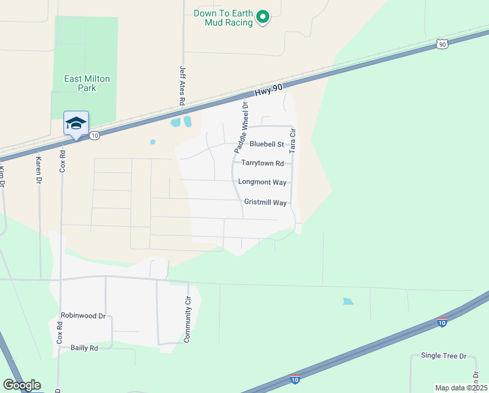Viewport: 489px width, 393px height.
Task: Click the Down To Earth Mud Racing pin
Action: tap(263, 17)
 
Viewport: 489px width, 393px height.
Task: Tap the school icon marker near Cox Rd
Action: tap(76, 124)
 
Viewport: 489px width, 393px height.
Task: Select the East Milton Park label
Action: tap(87, 83)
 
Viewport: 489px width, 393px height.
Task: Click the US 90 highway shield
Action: tap(443, 44)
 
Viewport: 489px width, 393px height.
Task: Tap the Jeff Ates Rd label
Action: tap(182, 84)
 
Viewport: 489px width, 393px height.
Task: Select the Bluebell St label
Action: tap(267, 144)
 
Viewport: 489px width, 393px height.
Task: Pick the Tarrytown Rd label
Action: tap(263, 163)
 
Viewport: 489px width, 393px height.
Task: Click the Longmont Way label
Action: tap(263, 182)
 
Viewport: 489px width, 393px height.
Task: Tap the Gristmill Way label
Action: tap(265, 203)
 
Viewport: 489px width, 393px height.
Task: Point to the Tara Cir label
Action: tap(293, 140)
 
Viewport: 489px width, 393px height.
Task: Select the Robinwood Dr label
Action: tap(83, 316)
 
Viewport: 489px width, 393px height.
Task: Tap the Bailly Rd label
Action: tap(84, 348)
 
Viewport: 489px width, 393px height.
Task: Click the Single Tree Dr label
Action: tap(444, 356)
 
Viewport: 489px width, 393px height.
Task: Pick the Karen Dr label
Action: tap(39, 170)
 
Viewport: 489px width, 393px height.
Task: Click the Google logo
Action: tap(22, 385)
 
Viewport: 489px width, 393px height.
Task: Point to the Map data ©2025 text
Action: tap(460, 388)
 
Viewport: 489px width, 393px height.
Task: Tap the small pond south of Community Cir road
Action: tap(348, 301)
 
